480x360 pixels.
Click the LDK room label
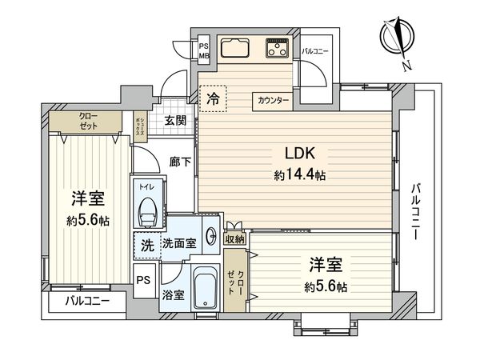coord(300,154)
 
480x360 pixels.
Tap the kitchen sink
coord(234,48)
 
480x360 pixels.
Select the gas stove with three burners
coord(278,48)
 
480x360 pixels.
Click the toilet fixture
coord(147,212)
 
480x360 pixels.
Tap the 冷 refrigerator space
coord(213,99)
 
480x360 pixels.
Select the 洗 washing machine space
coord(147,246)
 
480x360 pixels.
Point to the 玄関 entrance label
coord(175,120)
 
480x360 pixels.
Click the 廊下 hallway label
coord(181,162)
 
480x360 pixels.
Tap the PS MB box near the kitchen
coord(204,50)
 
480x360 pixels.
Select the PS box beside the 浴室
coord(143,280)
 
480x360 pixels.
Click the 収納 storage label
coord(234,239)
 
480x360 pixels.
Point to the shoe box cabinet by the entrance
coord(141,127)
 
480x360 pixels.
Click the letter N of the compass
coord(406,66)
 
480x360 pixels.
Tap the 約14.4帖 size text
coord(300,175)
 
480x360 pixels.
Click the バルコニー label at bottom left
coord(87,302)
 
